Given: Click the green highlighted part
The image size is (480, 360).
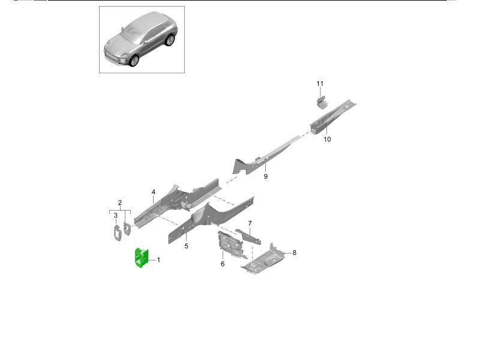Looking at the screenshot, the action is [142, 258].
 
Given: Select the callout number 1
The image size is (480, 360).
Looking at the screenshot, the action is [158, 260].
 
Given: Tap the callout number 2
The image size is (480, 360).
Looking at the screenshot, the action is [119, 203].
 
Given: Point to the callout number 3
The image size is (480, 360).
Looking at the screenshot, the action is [115, 215].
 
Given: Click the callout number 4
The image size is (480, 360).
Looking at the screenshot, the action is [154, 192].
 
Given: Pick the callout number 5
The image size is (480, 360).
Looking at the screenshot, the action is [186, 246].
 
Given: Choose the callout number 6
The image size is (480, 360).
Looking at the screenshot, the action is [222, 263].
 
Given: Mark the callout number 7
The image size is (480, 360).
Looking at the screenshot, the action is [250, 223].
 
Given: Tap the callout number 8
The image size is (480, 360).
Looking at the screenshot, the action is [294, 253].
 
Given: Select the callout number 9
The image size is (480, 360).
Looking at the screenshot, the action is [265, 176].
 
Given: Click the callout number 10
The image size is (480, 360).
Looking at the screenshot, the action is [327, 139].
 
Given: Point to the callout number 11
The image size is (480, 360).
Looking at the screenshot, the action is [320, 83].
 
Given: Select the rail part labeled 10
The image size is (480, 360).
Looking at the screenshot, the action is [332, 117].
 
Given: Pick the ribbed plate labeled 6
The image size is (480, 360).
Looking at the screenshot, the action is [229, 244].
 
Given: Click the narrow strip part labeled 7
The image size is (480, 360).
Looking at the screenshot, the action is [248, 236].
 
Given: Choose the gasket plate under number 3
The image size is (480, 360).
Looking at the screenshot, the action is [117, 233].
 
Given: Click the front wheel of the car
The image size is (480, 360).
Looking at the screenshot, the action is [134, 61].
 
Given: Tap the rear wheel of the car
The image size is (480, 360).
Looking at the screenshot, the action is [169, 40].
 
